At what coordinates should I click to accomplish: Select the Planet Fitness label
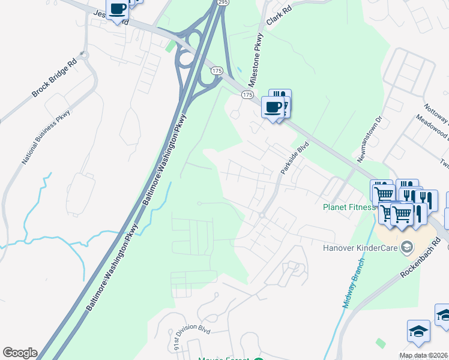pyautogui.click(x=349, y=208)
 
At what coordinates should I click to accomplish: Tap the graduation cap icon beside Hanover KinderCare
pyautogui.click(x=406, y=247)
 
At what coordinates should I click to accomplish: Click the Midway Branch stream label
pyautogui.click(x=354, y=283)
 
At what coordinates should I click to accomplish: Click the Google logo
pyautogui.click(x=19, y=353)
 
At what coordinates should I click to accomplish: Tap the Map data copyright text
pyautogui.click(x=424, y=355)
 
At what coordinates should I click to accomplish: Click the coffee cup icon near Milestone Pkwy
pyautogui.click(x=273, y=107)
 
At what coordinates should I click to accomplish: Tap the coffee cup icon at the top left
pyautogui.click(x=118, y=10)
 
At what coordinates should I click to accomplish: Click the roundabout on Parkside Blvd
pyautogui.click(x=262, y=215)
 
